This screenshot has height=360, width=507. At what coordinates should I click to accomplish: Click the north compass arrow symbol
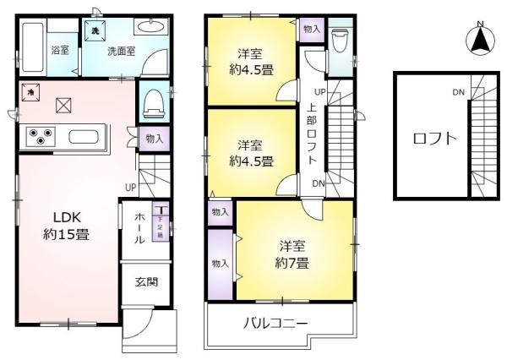click(479, 39)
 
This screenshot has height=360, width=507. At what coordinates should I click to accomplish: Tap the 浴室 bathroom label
click(59, 50)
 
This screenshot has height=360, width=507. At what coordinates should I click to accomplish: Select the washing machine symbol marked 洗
click(94, 31)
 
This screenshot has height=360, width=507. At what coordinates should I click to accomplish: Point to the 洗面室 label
click(118, 51)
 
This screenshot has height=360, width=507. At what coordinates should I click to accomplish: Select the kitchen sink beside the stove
click(84, 136)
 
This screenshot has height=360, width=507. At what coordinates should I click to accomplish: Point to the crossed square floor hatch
click(64, 106)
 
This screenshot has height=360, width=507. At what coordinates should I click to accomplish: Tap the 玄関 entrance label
click(145, 283)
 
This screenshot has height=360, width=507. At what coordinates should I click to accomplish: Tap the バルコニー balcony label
click(276, 323)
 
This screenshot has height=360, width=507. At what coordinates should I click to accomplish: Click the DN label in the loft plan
click(457, 92)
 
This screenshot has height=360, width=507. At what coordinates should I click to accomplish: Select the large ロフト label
click(433, 139)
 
